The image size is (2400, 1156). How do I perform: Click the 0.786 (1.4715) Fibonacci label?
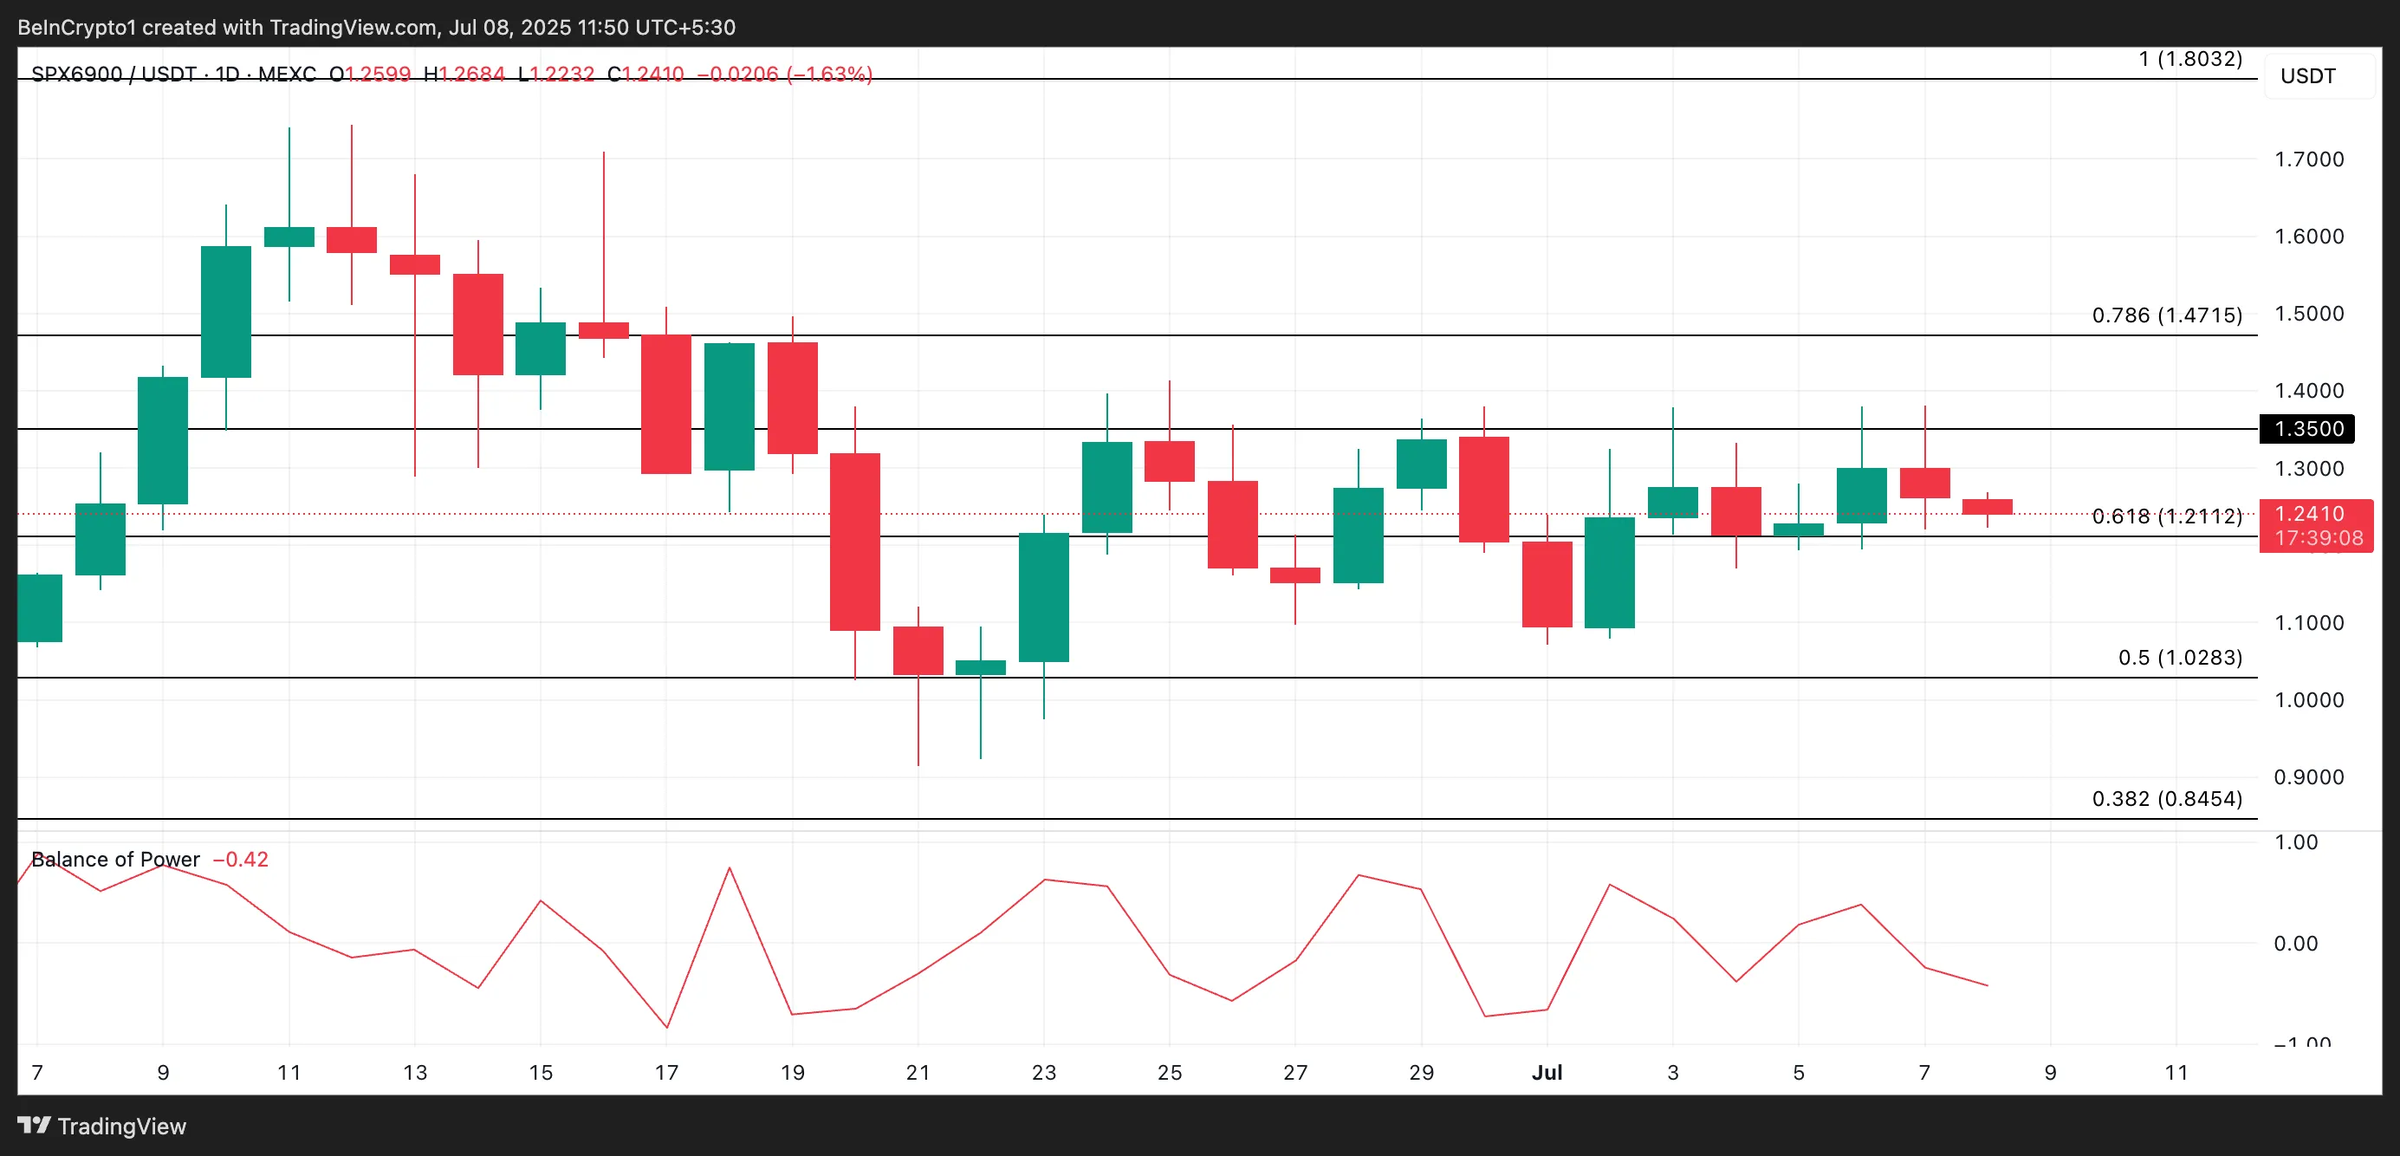tap(2166, 315)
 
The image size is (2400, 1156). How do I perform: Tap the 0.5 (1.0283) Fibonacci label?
tap(2179, 658)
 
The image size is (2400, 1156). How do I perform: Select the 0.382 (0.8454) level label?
tap(2166, 799)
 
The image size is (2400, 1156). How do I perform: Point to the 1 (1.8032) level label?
tap(2189, 59)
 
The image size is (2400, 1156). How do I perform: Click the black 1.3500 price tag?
tap(2308, 428)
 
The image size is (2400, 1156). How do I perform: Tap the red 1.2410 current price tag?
tap(2315, 524)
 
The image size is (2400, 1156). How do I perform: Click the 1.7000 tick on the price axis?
tap(2308, 159)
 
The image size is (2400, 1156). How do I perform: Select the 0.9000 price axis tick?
tap(2308, 776)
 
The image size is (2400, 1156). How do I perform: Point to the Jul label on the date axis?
tap(1547, 1072)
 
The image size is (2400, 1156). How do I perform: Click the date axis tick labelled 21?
tap(918, 1072)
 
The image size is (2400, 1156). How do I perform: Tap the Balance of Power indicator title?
tap(115, 859)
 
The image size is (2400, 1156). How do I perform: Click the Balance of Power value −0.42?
tap(240, 859)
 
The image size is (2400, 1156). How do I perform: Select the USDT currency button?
tap(2308, 76)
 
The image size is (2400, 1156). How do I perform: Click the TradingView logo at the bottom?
tap(102, 1127)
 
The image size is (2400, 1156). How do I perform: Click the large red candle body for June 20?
tap(854, 542)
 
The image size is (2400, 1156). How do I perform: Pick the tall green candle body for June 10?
tap(225, 311)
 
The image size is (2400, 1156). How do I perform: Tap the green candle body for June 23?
tap(1043, 597)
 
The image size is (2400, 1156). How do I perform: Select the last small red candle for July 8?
tap(1988, 507)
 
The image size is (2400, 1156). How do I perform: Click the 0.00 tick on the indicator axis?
tap(2294, 944)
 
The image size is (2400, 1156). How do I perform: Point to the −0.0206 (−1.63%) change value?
tap(784, 74)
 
